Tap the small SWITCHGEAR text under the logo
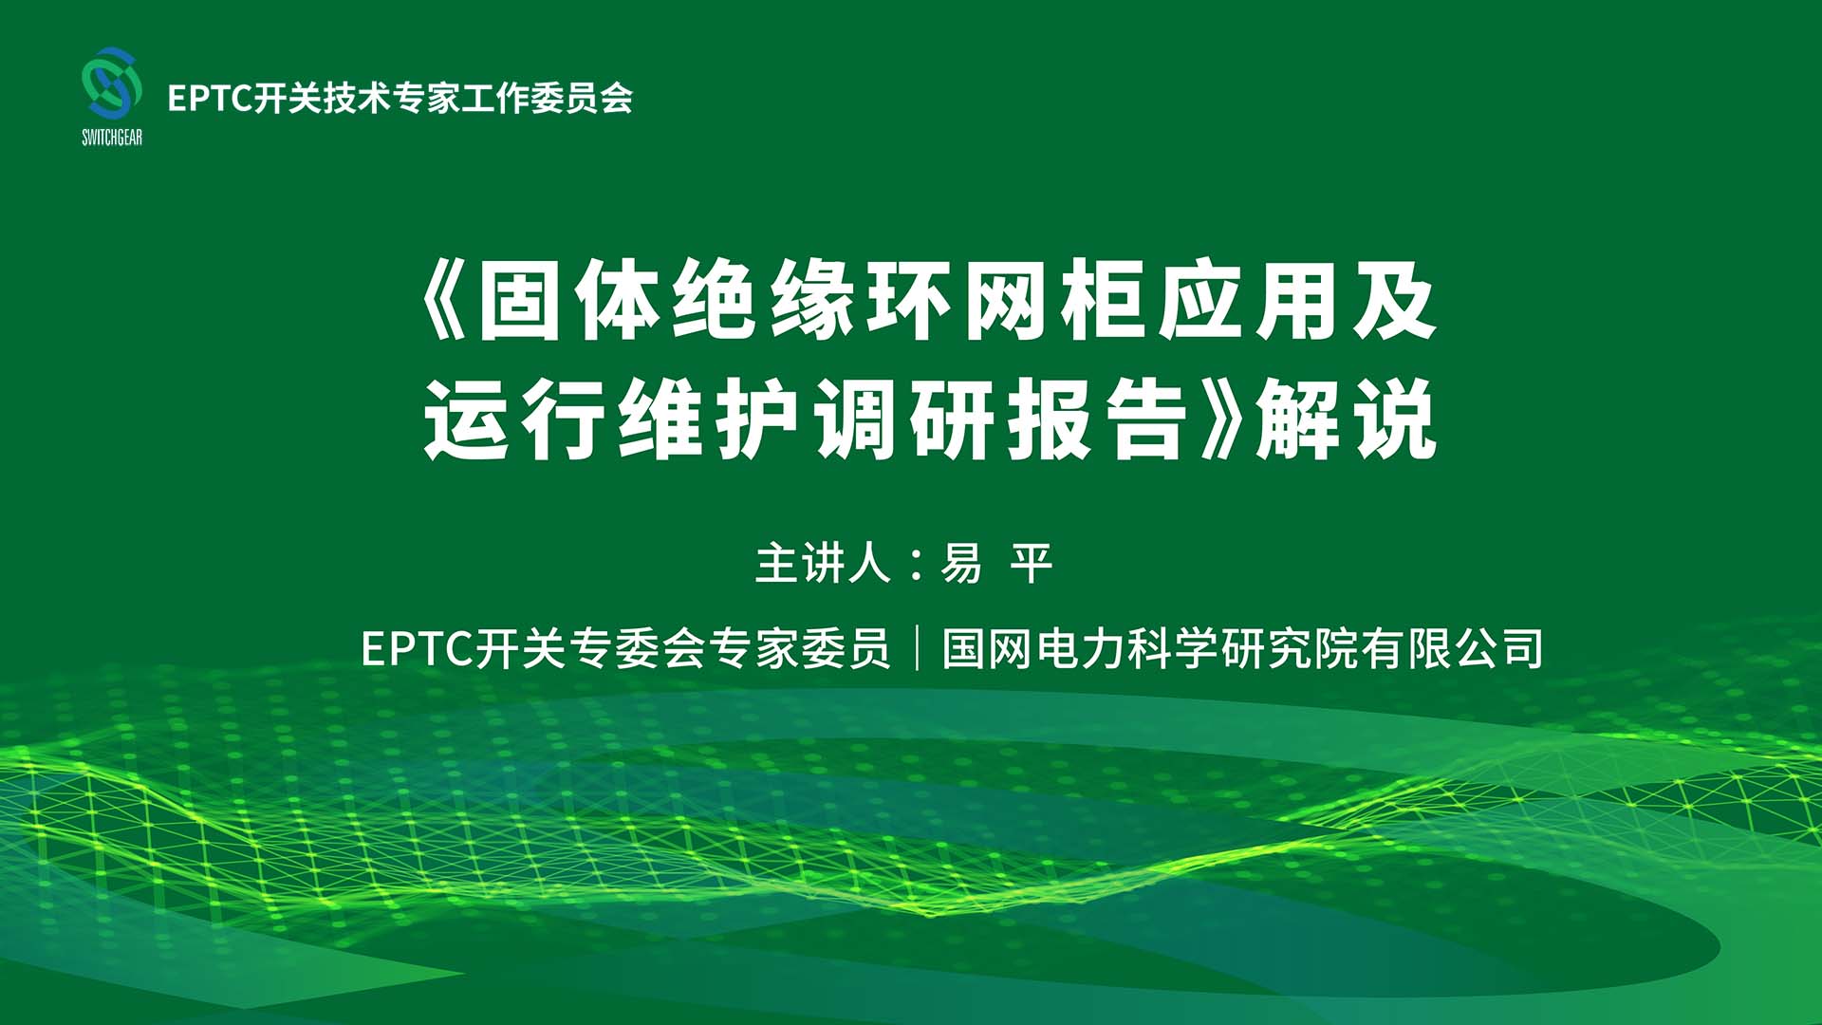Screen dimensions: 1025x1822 112,138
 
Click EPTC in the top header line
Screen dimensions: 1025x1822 209,98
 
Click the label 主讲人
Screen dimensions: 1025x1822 823,563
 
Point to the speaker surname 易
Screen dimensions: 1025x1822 961,563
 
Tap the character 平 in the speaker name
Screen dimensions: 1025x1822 1032,563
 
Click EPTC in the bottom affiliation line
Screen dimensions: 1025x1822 418,649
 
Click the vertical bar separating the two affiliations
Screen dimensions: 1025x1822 917,649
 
